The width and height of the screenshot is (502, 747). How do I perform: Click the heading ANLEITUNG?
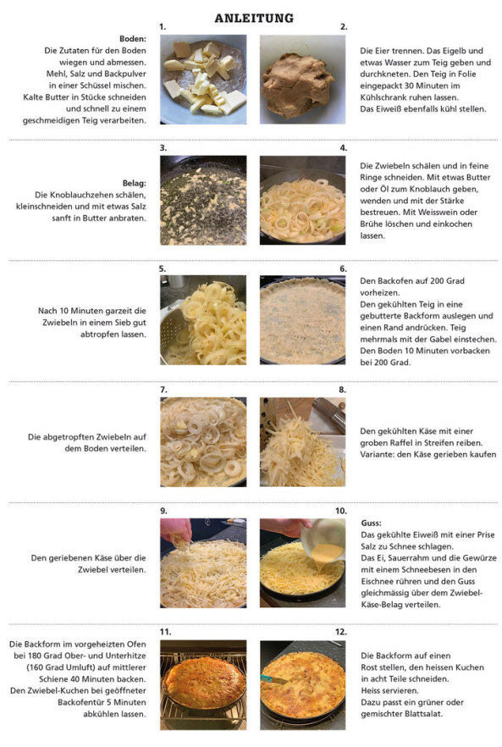(254, 18)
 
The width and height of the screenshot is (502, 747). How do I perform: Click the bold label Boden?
(133, 39)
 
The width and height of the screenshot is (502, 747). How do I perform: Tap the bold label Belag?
(135, 184)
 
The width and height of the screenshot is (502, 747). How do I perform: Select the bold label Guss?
(371, 523)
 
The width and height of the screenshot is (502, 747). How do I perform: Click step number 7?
(163, 390)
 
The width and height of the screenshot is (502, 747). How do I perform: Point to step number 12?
(341, 632)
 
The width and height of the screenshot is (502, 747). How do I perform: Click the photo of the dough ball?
(302, 80)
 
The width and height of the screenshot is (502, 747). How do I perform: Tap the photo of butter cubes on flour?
(203, 80)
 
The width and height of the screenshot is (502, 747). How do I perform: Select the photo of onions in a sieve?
(203, 320)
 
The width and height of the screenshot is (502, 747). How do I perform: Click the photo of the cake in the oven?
(203, 684)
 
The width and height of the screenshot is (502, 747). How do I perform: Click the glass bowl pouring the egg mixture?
(323, 539)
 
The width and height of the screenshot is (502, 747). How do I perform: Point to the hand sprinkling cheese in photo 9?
(176, 530)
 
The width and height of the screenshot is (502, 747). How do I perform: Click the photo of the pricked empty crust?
(302, 320)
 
